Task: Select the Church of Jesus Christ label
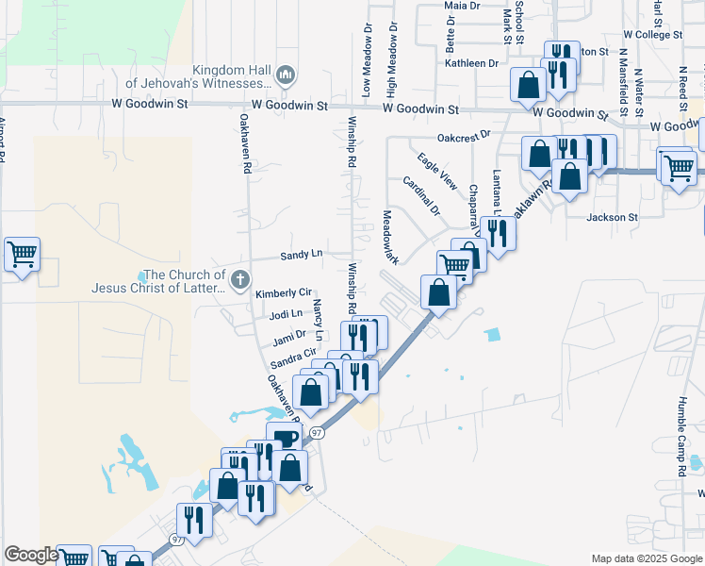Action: [x=160, y=282]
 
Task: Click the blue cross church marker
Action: [x=240, y=278]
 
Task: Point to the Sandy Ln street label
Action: [x=302, y=255]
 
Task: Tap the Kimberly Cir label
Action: [x=283, y=294]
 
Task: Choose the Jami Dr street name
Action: [x=289, y=335]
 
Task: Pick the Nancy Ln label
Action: [x=319, y=321]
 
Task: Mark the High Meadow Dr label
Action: [x=390, y=57]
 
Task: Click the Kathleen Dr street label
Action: [x=472, y=63]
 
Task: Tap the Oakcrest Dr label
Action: [x=465, y=136]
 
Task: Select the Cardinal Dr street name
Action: [x=421, y=195]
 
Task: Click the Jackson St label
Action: [x=613, y=217]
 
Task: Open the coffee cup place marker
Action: [x=285, y=438]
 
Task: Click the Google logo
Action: [x=31, y=556]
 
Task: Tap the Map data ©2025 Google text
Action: [x=647, y=558]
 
